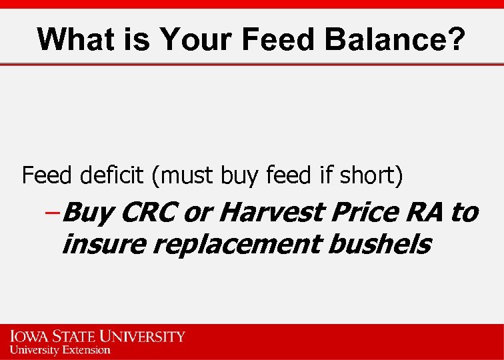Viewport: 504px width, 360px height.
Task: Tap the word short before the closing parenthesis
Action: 370,176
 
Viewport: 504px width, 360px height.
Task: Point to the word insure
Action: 103,244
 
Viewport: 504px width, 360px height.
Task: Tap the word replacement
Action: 237,245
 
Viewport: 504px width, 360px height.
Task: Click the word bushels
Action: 378,244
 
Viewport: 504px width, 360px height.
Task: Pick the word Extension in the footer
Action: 83,349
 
